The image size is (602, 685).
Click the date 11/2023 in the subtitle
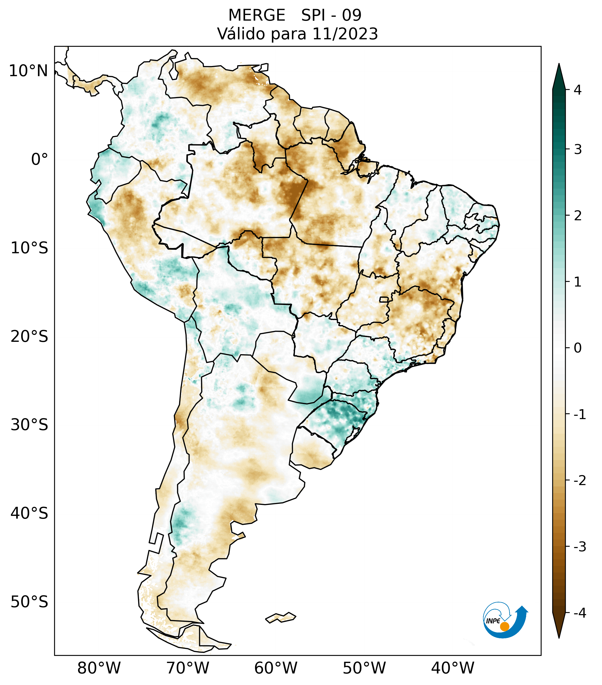click(x=345, y=34)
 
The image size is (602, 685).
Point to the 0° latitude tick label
click(x=40, y=159)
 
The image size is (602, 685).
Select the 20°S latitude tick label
click(x=29, y=337)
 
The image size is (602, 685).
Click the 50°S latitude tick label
click(x=29, y=602)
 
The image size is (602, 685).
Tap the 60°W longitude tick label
click(x=276, y=668)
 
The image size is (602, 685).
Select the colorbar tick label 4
click(x=577, y=90)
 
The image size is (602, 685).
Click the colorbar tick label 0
click(x=577, y=348)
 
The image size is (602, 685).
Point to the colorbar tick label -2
click(x=579, y=481)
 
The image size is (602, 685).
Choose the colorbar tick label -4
click(x=579, y=613)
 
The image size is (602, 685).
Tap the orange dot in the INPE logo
click(x=504, y=626)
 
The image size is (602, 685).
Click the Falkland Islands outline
click(x=281, y=617)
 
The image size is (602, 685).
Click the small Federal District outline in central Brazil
click(x=384, y=299)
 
